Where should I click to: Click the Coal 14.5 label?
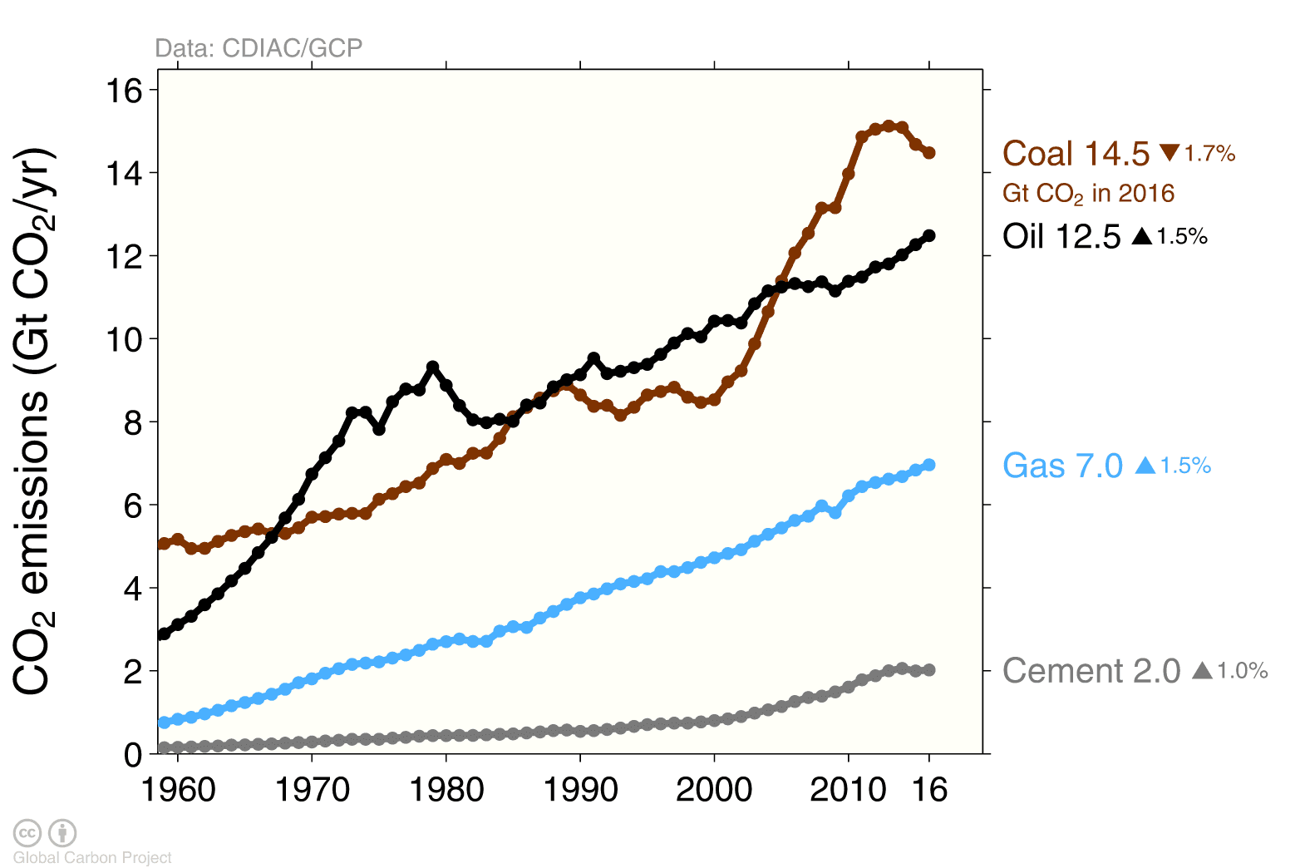click(x=1075, y=154)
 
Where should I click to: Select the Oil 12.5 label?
click(x=1061, y=237)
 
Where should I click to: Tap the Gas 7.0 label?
click(x=1062, y=466)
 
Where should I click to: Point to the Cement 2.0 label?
click(x=1091, y=671)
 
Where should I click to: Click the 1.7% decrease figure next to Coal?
click(x=1209, y=154)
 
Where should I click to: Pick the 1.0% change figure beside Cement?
click(x=1243, y=671)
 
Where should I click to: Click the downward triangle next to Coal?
click(x=1170, y=153)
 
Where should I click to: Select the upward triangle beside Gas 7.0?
click(x=1145, y=466)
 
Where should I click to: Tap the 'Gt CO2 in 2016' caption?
click(x=1088, y=194)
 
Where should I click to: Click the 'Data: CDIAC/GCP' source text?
click(x=259, y=48)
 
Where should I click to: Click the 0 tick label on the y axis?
click(x=133, y=755)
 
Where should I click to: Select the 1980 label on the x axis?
click(x=446, y=789)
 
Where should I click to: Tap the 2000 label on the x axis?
click(x=714, y=789)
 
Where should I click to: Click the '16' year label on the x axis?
click(x=929, y=789)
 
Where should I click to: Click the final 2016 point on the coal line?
click(x=929, y=153)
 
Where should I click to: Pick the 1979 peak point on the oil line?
click(x=432, y=367)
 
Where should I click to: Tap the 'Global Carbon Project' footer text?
click(x=92, y=857)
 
